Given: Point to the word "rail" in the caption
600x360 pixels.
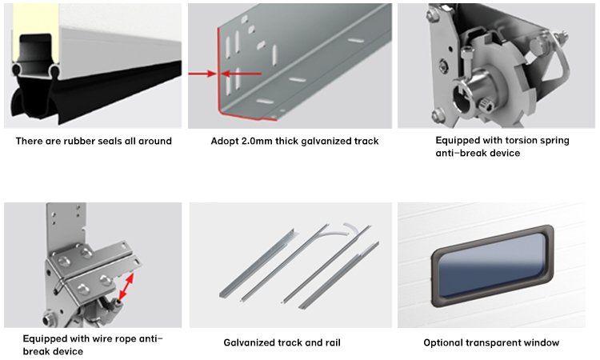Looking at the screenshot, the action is click(x=332, y=342).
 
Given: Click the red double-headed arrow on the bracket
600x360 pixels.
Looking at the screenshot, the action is click(x=126, y=286).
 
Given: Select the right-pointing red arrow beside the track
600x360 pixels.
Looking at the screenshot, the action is click(x=202, y=73).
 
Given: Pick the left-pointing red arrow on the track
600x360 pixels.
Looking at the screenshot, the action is click(x=241, y=73).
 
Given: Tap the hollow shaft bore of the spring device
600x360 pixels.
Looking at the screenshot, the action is click(x=462, y=102).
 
